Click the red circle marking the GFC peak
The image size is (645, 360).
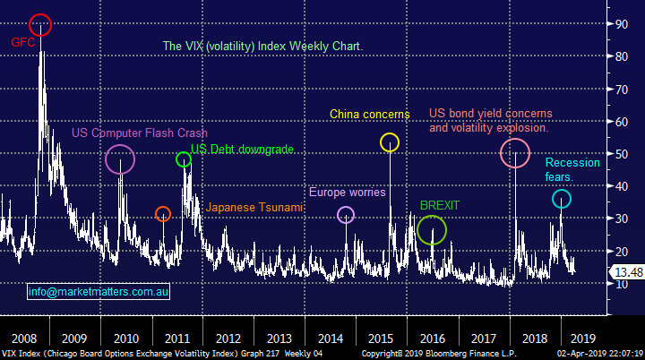40,25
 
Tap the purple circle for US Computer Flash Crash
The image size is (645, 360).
120,159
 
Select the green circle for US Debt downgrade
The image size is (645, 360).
184,159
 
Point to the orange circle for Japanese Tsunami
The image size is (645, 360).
162,214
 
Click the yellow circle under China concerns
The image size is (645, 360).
389,141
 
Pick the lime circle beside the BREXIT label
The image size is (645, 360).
432,231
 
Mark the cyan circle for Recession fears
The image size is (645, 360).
561,199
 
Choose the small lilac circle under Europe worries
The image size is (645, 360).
346,214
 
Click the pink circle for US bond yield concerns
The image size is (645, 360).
514,153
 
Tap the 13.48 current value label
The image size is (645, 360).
624,272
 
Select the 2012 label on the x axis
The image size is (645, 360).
228,339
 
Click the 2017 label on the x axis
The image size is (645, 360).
483,339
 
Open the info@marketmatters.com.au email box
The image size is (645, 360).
99,291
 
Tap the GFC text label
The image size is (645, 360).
22,42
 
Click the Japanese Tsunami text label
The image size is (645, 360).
254,208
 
